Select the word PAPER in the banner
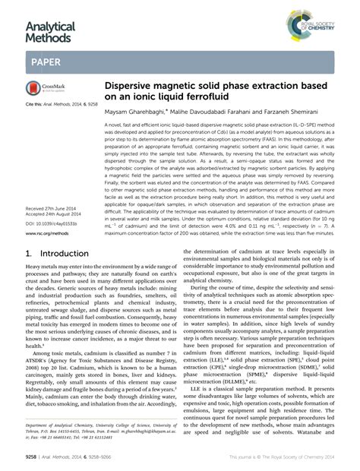pos(46,62)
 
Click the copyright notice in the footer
pos(281,459)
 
